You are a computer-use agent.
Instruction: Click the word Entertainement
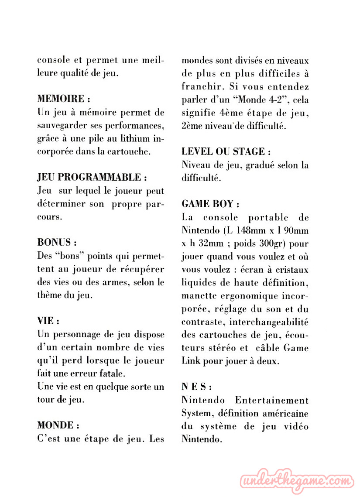(x=271, y=400)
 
